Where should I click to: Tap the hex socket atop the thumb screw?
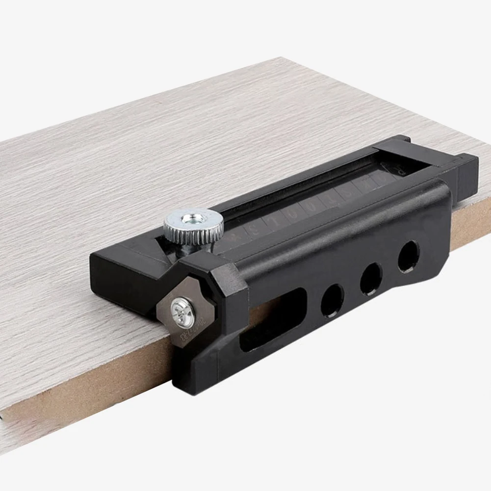(193, 218)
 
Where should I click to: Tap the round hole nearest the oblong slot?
(332, 300)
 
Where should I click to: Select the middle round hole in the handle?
(371, 278)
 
